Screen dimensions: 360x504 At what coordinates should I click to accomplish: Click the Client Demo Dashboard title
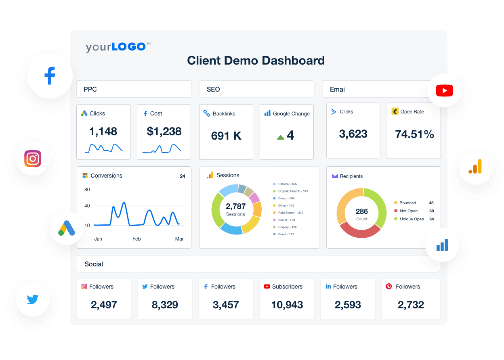point(256,61)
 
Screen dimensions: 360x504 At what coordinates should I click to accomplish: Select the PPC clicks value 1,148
point(103,131)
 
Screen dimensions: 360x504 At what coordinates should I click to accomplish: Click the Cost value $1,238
point(164,131)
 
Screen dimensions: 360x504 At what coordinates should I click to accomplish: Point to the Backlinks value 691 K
point(226,136)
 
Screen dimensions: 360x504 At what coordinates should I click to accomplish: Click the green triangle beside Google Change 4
point(281,137)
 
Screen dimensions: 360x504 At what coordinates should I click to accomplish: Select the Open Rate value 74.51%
point(414,134)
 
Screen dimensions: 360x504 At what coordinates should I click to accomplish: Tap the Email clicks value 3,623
point(353,134)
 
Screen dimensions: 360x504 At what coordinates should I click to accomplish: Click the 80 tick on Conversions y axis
point(87,190)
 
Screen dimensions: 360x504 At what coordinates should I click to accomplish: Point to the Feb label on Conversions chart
point(136,239)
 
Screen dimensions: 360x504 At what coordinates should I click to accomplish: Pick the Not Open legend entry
point(408,211)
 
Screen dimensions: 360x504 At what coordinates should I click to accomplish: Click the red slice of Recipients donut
point(359,230)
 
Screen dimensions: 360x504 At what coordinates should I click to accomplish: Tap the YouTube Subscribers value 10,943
point(287,305)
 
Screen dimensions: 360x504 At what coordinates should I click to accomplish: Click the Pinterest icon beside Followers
point(389,287)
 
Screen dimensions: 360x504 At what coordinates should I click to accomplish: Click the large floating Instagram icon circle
point(33,159)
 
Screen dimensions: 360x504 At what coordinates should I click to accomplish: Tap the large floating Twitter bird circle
point(33,299)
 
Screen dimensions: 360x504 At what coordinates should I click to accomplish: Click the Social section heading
point(94,264)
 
